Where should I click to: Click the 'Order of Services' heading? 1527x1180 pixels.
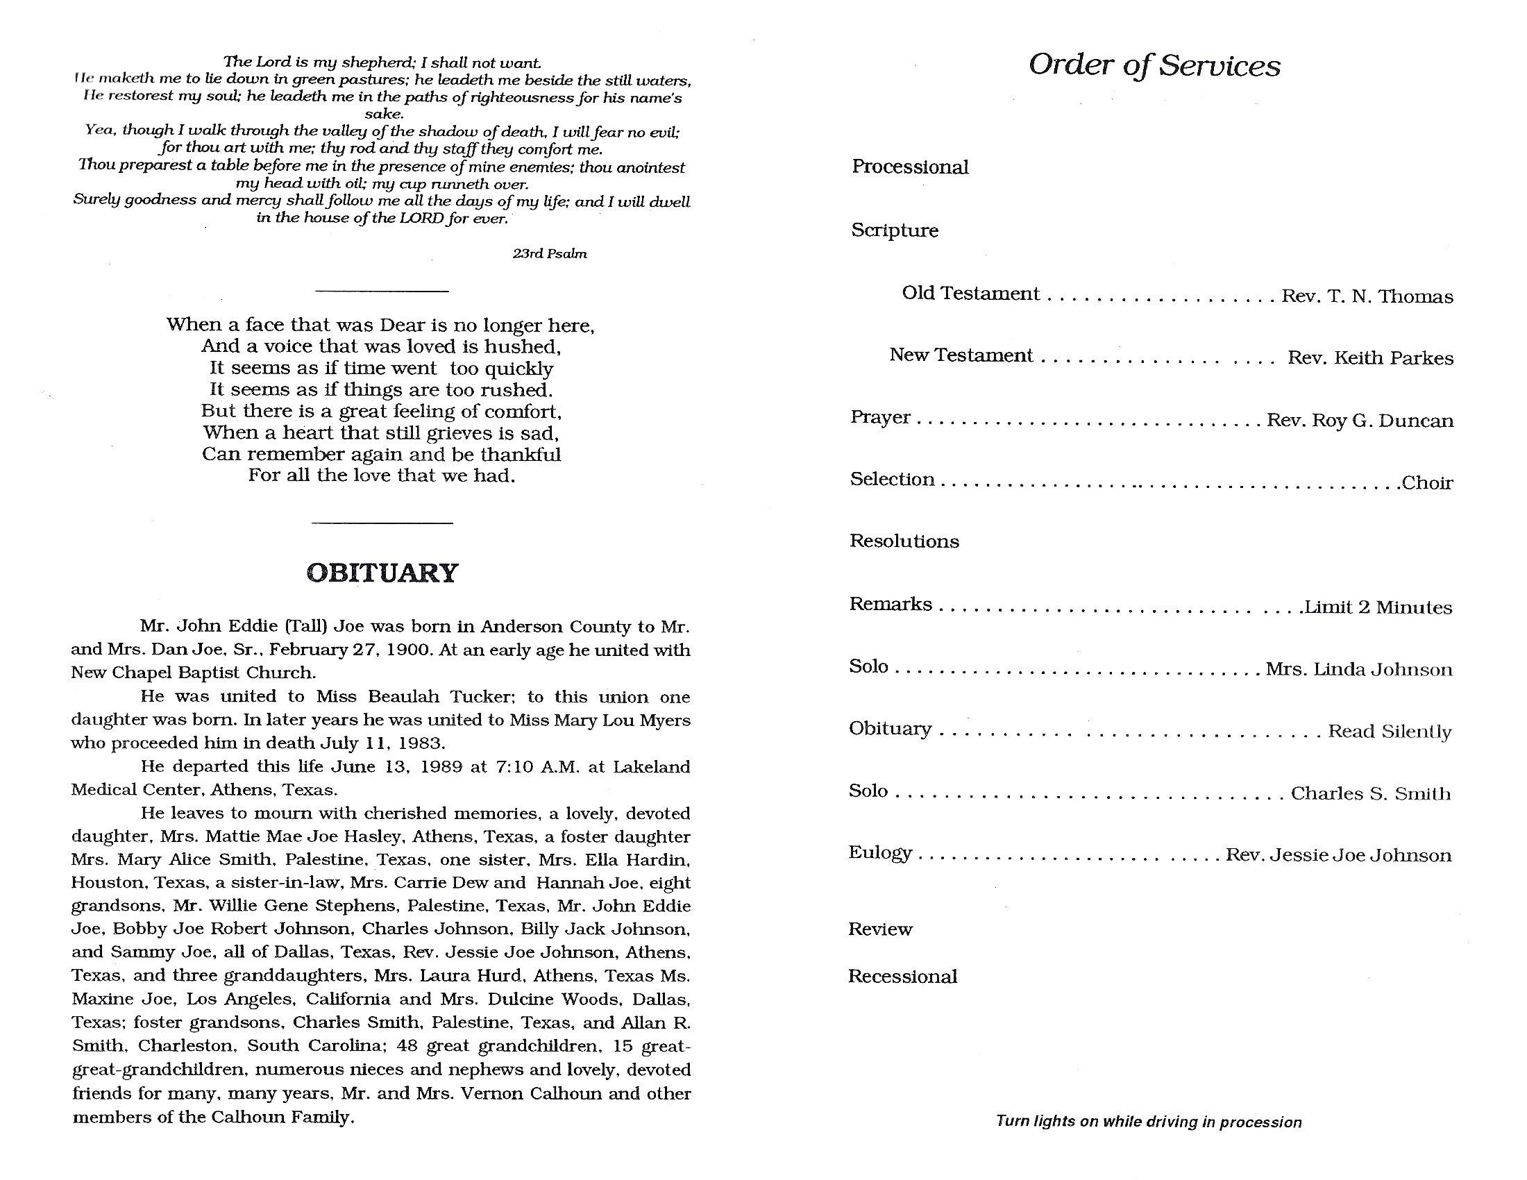1154,65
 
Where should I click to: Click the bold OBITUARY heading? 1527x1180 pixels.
382,573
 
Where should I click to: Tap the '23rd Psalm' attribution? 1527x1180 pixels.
550,254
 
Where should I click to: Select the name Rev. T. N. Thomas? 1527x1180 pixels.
1367,296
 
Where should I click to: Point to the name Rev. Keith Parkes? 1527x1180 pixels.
1370,358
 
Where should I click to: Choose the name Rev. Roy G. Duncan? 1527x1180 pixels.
1360,421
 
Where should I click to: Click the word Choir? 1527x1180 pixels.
1427,483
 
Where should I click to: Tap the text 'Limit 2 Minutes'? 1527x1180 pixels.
1378,607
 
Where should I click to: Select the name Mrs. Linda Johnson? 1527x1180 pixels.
1358,670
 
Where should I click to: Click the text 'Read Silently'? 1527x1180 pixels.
1390,732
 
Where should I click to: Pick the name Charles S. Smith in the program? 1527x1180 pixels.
1370,793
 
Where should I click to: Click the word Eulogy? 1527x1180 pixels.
880,853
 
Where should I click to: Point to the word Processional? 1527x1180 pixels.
910,167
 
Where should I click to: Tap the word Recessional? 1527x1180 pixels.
902,977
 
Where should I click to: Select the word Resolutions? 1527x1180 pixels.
904,541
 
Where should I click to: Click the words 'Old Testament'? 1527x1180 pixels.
970,293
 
